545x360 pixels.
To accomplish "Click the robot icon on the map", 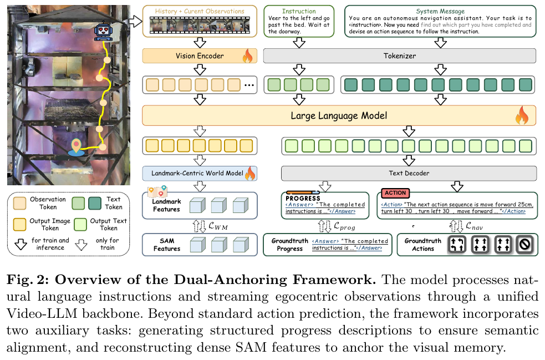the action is (103, 32).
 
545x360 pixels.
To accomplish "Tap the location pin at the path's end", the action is (76, 147).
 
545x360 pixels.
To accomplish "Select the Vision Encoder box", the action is (200, 56).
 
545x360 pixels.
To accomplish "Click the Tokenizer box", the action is (399, 56).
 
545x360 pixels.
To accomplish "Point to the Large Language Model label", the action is (339, 115).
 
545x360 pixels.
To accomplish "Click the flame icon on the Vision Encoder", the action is (247, 55).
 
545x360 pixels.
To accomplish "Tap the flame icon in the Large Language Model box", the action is (522, 115).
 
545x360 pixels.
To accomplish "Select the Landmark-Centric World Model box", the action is (200, 173).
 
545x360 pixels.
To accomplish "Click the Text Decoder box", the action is (409, 173).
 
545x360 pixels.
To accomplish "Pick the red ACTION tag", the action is (395, 193).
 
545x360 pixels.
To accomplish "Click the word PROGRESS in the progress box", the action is (303, 198).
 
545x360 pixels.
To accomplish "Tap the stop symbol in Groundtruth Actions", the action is (524, 245).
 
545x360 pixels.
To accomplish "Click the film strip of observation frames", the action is (200, 26).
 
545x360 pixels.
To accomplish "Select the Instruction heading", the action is (299, 11).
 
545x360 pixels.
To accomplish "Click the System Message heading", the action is (440, 11).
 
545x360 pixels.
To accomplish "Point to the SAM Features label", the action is (167, 245).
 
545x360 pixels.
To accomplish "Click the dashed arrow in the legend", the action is (82, 245).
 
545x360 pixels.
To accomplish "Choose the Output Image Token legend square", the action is (19, 224).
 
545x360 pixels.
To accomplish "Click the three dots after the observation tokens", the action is (249, 85).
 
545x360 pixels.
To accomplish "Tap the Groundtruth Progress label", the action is (289, 245).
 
